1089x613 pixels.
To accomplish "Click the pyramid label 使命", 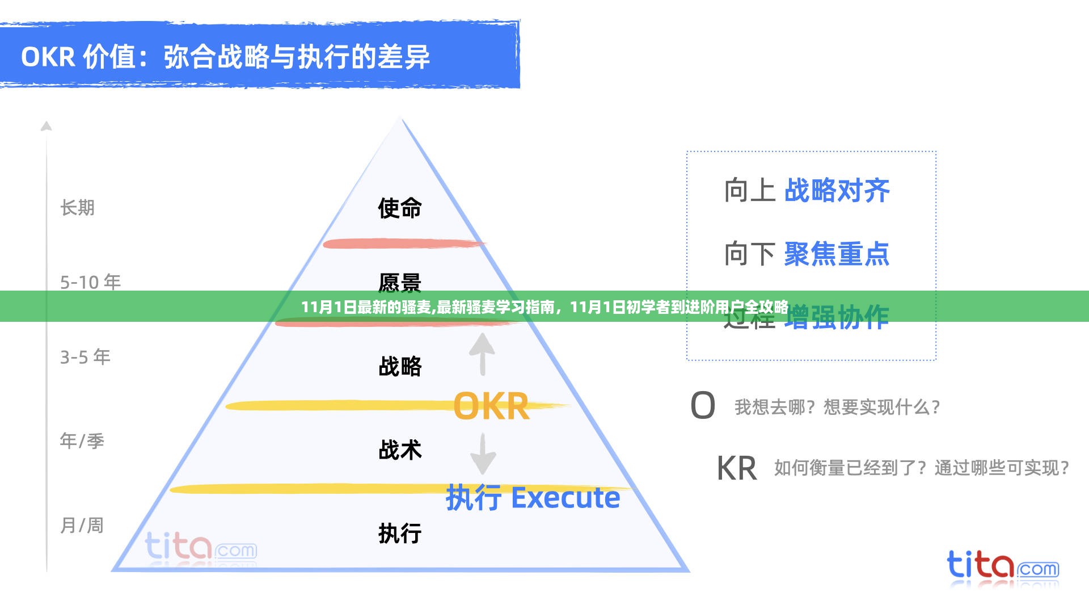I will (400, 208).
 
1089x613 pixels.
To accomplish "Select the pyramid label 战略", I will (400, 367).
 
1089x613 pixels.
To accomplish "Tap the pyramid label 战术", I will (400, 450).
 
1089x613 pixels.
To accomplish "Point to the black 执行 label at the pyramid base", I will (400, 534).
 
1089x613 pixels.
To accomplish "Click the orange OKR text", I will (491, 406).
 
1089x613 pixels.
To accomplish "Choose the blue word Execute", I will (565, 498).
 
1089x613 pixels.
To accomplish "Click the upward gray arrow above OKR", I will (482, 354).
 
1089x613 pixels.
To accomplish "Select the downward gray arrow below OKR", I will (483, 454).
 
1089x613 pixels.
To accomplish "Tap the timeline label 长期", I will (78, 208).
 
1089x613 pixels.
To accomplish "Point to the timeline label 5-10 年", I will (91, 282).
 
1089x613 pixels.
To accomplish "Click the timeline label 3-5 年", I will (86, 357).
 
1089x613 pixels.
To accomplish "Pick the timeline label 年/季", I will (82, 441).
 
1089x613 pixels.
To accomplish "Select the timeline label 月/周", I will (82, 526).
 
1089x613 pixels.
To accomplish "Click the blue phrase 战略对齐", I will (837, 191).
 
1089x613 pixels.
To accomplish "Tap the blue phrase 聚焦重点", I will (837, 254).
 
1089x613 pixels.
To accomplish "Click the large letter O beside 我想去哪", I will (703, 406).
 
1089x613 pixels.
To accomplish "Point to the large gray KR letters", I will (737, 469).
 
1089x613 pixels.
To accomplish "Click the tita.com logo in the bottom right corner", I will (1002, 565).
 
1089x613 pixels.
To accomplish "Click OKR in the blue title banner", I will (48, 57).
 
